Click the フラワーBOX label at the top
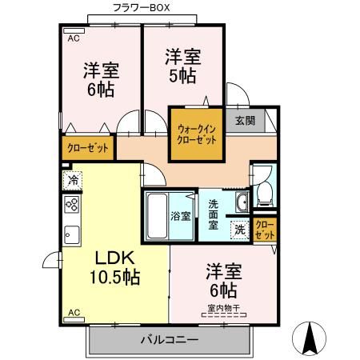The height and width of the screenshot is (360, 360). click(x=141, y=7)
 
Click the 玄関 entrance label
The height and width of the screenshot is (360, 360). click(x=245, y=121)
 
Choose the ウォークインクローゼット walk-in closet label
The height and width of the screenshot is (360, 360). click(x=196, y=134)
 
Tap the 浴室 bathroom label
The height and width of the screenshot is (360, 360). click(x=181, y=216)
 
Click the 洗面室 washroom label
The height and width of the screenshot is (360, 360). click(x=214, y=214)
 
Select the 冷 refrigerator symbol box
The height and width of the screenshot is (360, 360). click(x=73, y=180)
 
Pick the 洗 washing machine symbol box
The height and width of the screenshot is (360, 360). click(x=240, y=229)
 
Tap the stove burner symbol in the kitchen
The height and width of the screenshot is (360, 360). click(x=72, y=206)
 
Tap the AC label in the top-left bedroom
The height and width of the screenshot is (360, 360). click(x=73, y=38)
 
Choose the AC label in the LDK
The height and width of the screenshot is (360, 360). click(x=74, y=312)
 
